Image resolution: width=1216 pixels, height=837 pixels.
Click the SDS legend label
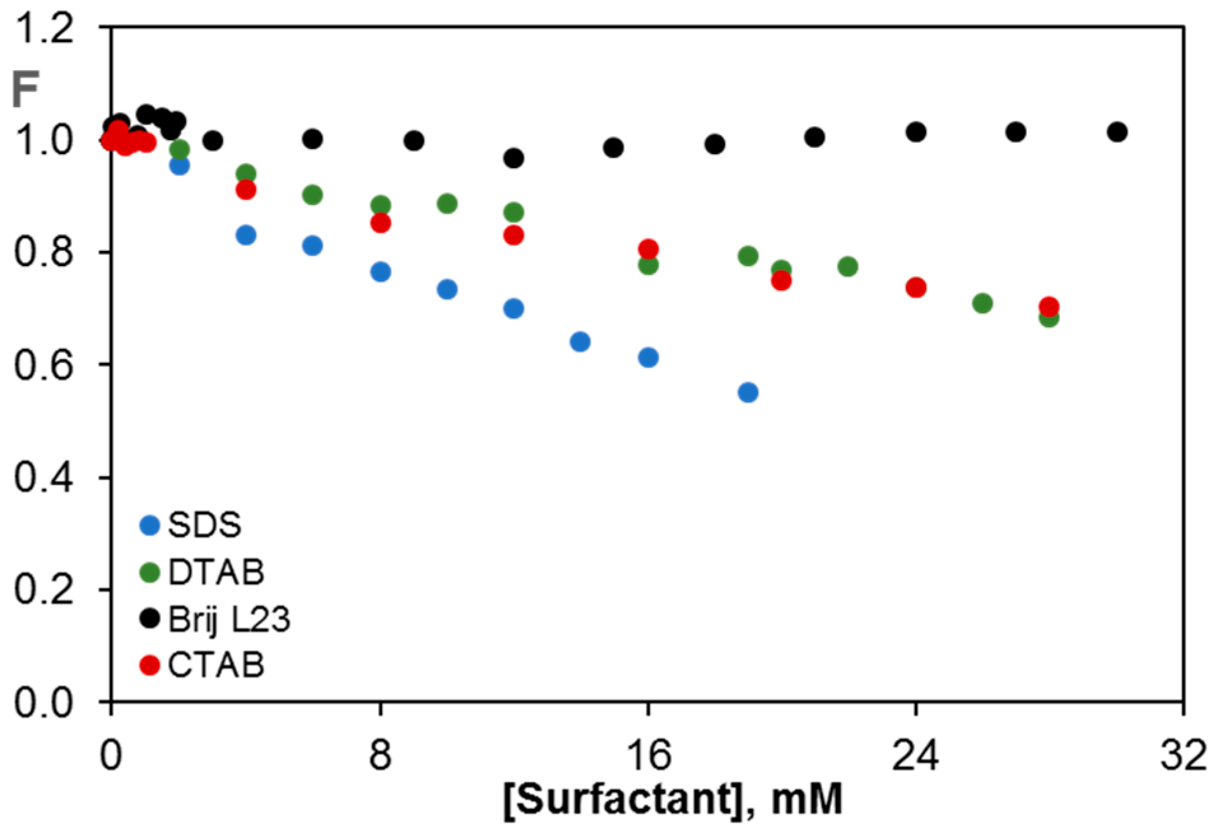[x=204, y=525]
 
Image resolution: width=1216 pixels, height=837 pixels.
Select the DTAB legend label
[x=216, y=572]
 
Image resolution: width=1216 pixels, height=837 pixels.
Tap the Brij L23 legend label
[x=229, y=619]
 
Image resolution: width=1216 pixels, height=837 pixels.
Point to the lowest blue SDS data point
[x=748, y=392]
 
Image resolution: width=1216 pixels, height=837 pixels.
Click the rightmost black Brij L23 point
[x=1117, y=132]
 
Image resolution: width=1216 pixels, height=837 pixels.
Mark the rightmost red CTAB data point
[x=1049, y=307]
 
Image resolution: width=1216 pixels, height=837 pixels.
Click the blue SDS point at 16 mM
[x=648, y=358]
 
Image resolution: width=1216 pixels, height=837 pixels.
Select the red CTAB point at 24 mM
[x=916, y=288]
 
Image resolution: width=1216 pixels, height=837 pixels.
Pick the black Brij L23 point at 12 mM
[x=514, y=158]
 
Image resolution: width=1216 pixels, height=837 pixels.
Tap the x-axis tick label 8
[x=380, y=756]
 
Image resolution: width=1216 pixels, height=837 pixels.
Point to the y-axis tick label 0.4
[x=43, y=477]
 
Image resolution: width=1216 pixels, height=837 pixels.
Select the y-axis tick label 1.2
[x=43, y=29]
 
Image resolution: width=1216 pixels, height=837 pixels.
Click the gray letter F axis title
[x=25, y=90]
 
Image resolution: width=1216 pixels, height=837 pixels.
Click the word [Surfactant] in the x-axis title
[x=621, y=798]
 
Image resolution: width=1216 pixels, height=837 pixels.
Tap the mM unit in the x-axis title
[x=807, y=798]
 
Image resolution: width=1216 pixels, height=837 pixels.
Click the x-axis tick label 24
[x=915, y=756]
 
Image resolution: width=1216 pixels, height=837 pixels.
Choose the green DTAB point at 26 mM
[x=982, y=304]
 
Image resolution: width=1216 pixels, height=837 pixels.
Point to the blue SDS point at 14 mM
[x=580, y=342]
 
